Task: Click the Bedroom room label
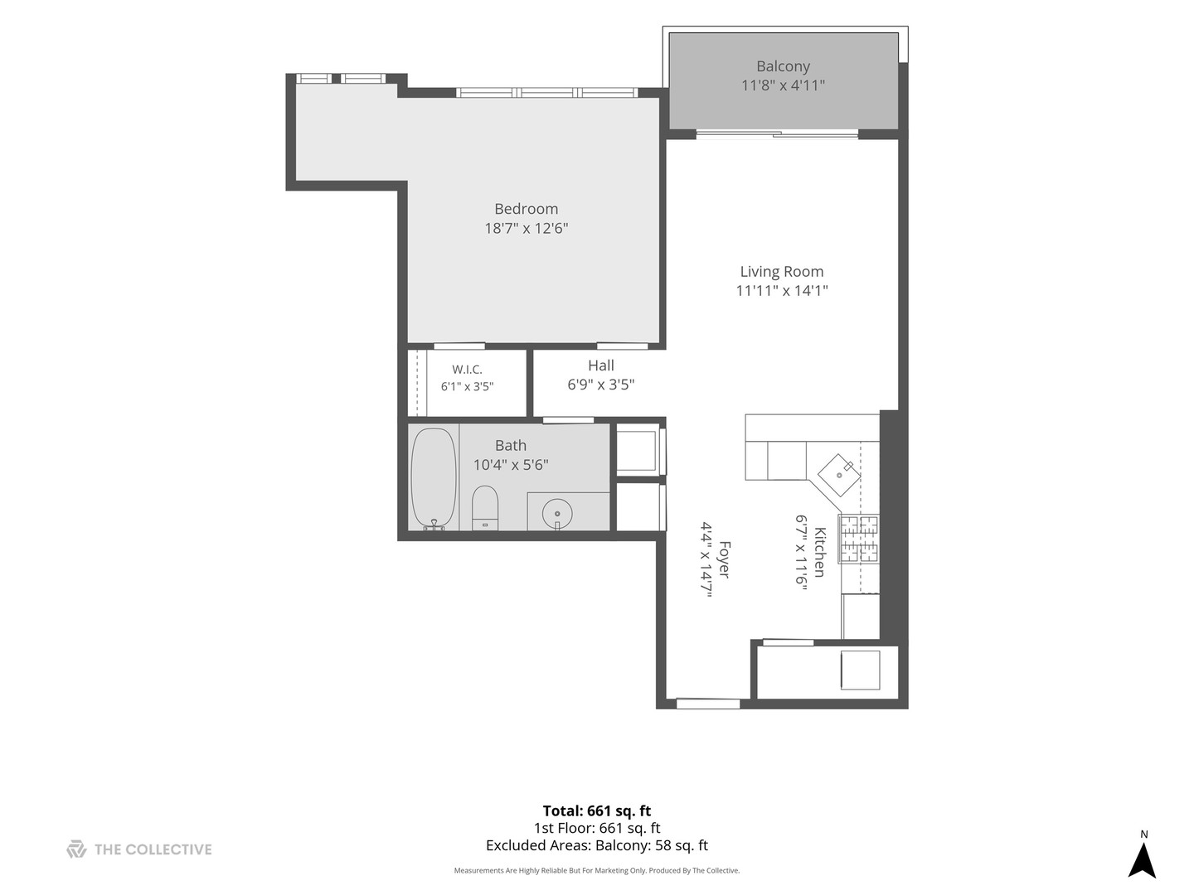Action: coord(526,209)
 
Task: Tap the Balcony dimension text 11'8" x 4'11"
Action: coord(783,85)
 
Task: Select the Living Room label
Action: coord(782,271)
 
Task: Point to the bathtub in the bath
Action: coord(434,479)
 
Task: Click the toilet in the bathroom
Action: coord(485,507)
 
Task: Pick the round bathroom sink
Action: coord(557,513)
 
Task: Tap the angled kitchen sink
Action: coord(839,475)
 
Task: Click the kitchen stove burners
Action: coord(859,539)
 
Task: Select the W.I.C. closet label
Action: coord(467,370)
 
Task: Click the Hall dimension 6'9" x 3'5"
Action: coord(600,385)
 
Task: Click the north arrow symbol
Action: coord(1142,860)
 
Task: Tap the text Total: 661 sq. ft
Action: coord(597,810)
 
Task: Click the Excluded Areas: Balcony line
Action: coord(597,845)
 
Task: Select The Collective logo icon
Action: coord(77,849)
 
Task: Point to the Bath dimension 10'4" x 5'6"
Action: coord(510,465)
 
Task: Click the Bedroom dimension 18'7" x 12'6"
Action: coord(526,228)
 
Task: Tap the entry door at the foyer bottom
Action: coord(708,704)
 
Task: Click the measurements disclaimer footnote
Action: coord(597,870)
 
